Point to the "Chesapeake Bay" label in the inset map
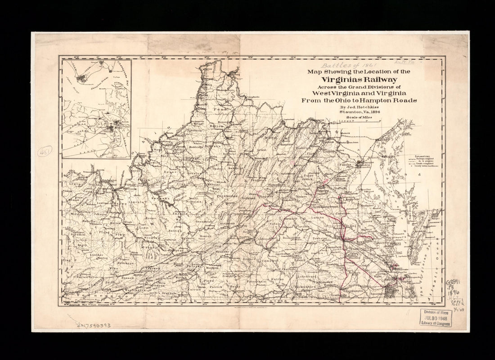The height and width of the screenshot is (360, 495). point(122,79)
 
